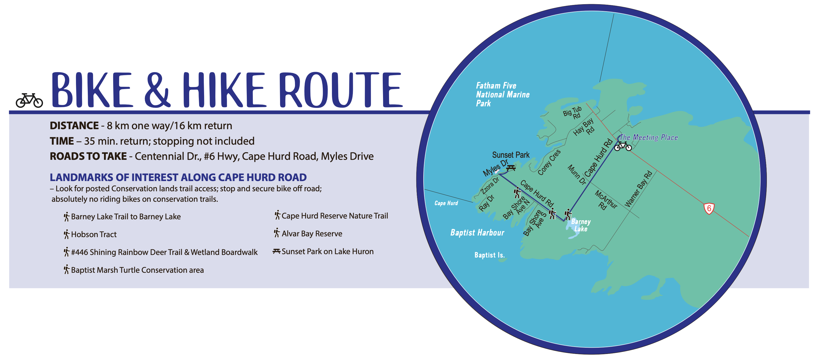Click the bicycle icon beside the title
29,100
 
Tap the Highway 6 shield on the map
709,209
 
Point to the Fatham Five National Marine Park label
502,95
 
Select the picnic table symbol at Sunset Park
511,167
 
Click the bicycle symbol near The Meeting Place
623,146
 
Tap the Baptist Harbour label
477,233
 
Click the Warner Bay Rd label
638,189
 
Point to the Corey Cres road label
549,162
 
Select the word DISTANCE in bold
74,126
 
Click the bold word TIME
62,141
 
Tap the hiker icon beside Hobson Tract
66,234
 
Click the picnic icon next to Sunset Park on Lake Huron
276,252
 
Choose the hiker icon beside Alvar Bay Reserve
277,233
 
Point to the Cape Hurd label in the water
446,203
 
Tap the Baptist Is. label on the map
489,255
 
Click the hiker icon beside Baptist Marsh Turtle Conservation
66,270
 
